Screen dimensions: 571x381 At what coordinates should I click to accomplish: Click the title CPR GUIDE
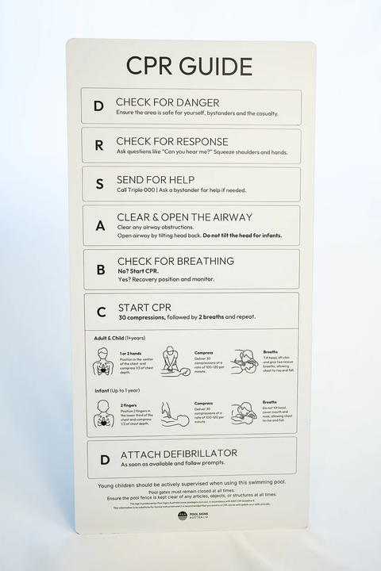coord(189,66)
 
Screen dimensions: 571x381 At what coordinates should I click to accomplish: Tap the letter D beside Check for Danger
coord(98,106)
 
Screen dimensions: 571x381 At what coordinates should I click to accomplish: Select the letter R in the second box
coord(98,146)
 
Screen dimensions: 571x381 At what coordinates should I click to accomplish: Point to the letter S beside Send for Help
coord(99,184)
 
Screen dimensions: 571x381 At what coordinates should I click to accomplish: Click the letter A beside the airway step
coord(100,225)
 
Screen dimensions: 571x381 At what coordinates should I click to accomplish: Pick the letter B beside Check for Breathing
coord(101,270)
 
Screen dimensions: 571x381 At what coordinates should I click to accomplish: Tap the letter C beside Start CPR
coord(101,312)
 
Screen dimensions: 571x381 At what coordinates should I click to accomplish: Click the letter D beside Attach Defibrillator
coord(105,458)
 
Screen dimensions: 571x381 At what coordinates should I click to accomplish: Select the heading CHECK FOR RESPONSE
coord(172,141)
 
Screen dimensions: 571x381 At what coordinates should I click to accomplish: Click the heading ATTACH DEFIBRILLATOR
coord(179,454)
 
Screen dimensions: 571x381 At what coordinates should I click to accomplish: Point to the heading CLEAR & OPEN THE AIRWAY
coord(184,217)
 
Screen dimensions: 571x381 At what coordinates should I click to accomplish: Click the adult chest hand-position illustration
coord(102,362)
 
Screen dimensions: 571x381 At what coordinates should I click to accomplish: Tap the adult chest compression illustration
coord(175,361)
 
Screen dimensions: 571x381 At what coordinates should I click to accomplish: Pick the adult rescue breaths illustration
coord(244,362)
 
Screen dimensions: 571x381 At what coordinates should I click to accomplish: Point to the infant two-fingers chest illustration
coord(102,413)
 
